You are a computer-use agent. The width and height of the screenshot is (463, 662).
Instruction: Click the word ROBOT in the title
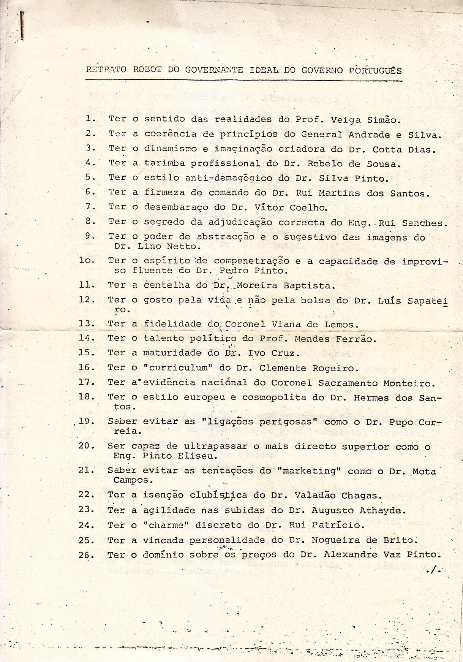coord(147,70)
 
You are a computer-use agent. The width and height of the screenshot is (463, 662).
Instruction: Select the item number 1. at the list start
coord(91,118)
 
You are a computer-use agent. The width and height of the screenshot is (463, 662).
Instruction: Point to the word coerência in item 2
coord(170,134)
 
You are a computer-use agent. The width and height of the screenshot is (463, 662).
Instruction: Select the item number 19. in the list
coord(86,421)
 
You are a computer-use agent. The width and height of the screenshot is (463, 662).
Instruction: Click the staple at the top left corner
coord(22,25)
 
